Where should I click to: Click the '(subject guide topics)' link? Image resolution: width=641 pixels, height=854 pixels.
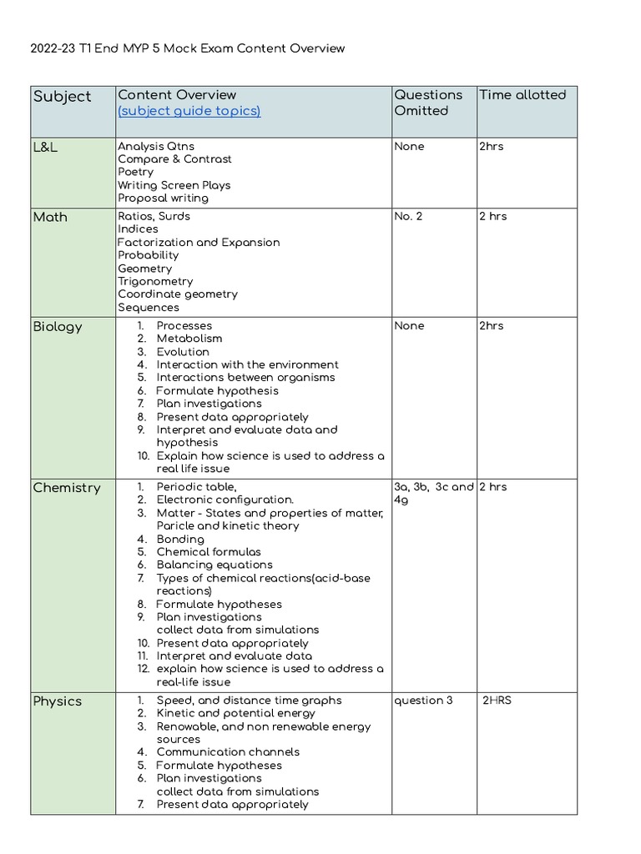click(x=189, y=111)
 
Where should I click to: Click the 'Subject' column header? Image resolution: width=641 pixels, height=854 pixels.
click(x=62, y=97)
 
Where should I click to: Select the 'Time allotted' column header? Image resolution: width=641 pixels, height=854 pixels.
click(x=522, y=95)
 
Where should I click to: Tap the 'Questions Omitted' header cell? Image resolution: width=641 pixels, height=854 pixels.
click(x=428, y=103)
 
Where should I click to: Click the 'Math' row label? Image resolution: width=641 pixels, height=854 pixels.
click(x=50, y=217)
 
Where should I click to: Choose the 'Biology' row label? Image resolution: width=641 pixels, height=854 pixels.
click(x=58, y=326)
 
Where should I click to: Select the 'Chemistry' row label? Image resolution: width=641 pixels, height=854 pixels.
click(x=66, y=488)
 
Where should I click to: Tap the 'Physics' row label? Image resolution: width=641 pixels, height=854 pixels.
click(x=58, y=701)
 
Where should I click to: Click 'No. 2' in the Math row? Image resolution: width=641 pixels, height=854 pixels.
click(x=408, y=217)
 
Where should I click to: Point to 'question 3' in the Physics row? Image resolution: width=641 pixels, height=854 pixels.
click(x=423, y=701)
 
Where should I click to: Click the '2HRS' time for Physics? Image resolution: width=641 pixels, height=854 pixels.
click(x=497, y=701)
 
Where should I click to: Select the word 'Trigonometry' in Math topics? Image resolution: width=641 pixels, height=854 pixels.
click(x=155, y=282)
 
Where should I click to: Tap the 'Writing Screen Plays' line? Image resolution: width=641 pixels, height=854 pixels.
click(x=174, y=185)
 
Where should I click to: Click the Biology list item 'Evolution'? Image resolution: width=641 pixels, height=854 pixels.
click(x=183, y=352)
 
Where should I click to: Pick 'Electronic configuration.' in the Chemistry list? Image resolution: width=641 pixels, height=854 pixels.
click(x=225, y=500)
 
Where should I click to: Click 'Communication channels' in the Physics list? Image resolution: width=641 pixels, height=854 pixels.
click(x=228, y=752)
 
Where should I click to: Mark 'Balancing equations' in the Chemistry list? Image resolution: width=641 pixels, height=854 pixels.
click(x=215, y=565)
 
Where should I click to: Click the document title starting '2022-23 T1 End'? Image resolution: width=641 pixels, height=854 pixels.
click(x=188, y=48)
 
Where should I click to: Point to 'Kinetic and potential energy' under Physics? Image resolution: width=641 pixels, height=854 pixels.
click(x=235, y=714)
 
